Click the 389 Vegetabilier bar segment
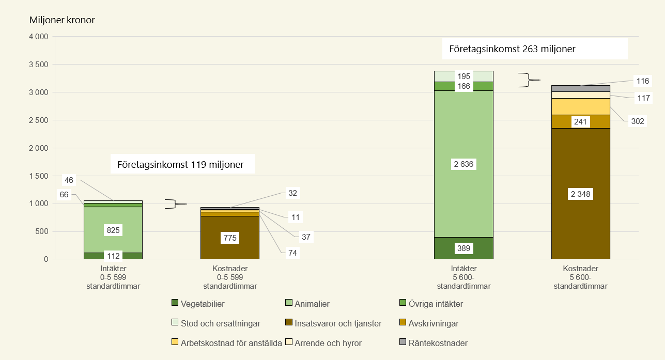[463, 248]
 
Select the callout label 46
[69, 180]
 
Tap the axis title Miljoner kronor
[62, 21]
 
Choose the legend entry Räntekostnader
[438, 343]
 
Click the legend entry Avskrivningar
[433, 324]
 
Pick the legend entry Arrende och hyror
[328, 343]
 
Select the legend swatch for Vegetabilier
[175, 304]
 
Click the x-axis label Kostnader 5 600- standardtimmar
[580, 277]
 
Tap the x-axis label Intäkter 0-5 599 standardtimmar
[113, 277]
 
